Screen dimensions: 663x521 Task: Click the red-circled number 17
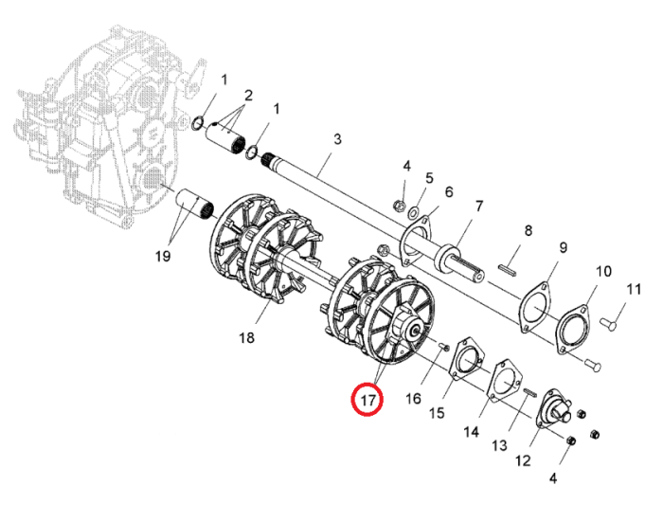[367, 399]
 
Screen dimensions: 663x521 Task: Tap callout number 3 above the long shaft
[337, 139]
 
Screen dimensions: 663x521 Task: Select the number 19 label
[163, 256]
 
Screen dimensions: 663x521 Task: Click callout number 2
[248, 95]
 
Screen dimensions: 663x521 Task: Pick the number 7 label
[478, 207]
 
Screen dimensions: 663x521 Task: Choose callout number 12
[523, 460]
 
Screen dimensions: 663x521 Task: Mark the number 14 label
[471, 432]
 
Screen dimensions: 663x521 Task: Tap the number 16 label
[414, 399]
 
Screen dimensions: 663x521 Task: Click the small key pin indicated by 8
[507, 270]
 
